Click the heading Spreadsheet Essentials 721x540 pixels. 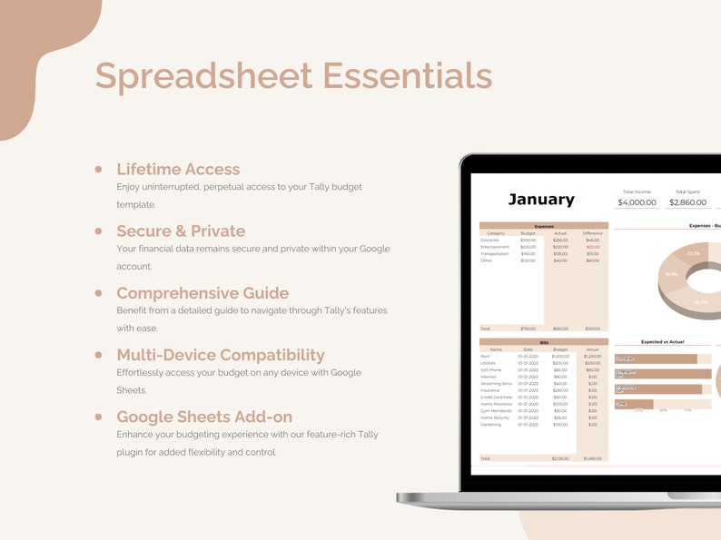(x=293, y=75)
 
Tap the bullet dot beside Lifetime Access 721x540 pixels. (x=98, y=169)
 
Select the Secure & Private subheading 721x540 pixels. (x=181, y=231)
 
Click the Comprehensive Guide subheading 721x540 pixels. (x=202, y=293)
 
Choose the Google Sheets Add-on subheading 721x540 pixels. (x=204, y=417)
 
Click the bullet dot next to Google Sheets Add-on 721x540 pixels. (x=98, y=417)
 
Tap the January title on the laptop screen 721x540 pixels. (x=540, y=200)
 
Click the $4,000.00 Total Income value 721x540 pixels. (x=637, y=202)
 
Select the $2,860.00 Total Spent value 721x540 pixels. (x=687, y=202)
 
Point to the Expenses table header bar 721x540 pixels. (x=543, y=225)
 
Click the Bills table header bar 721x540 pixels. (x=543, y=342)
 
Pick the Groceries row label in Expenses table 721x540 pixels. (x=489, y=241)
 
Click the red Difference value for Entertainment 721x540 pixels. (x=592, y=247)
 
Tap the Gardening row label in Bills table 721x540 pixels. (x=490, y=425)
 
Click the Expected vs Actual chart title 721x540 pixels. (x=662, y=342)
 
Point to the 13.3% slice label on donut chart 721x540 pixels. (x=694, y=253)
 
